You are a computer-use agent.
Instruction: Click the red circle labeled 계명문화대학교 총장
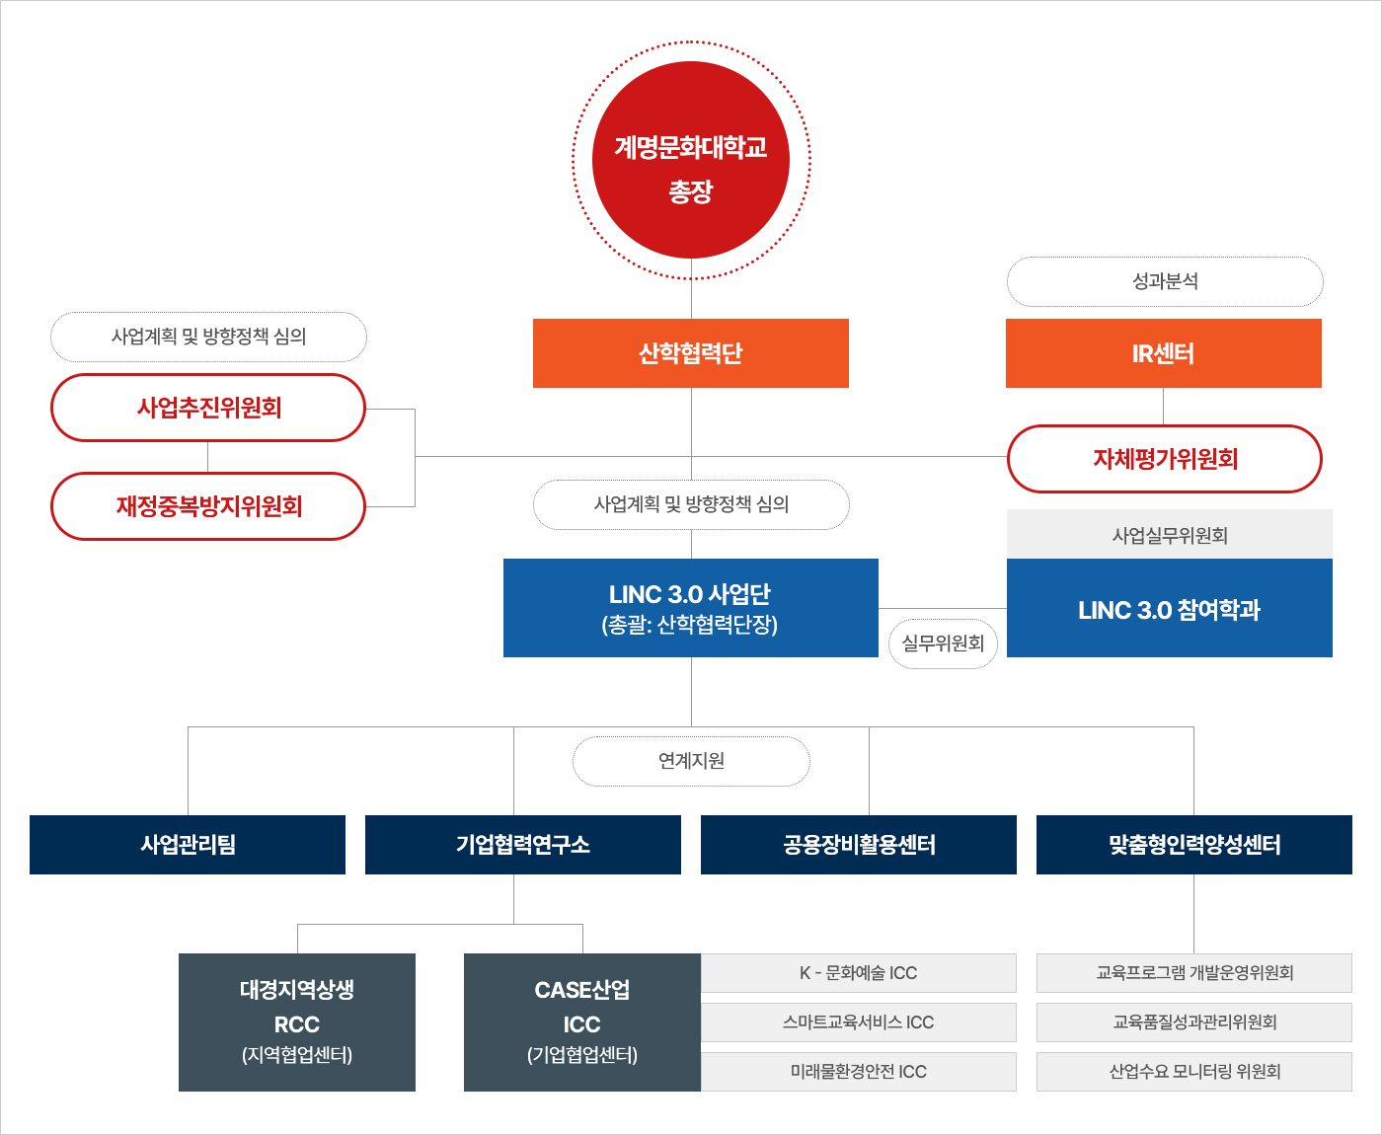pyautogui.click(x=691, y=160)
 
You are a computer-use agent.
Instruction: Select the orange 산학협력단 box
pyautogui.click(x=691, y=353)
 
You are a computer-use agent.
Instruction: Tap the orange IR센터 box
pyautogui.click(x=1163, y=353)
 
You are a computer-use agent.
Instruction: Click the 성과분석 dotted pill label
pyautogui.click(x=1165, y=282)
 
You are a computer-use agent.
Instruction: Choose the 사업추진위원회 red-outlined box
pyautogui.click(x=208, y=408)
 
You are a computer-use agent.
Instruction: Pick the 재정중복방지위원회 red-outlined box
pyautogui.click(x=208, y=506)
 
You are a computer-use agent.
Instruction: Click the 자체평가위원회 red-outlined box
pyautogui.click(x=1165, y=459)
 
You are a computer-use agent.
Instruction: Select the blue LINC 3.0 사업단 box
pyautogui.click(x=691, y=608)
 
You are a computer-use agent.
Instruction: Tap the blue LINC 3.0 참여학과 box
pyautogui.click(x=1169, y=609)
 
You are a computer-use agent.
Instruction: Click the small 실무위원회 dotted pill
pyautogui.click(x=943, y=643)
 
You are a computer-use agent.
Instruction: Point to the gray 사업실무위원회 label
pyautogui.click(x=1169, y=535)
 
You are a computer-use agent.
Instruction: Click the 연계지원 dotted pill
pyautogui.click(x=691, y=761)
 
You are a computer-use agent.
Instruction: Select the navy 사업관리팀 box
pyautogui.click(x=188, y=845)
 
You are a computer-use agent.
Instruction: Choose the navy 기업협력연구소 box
pyautogui.click(x=523, y=845)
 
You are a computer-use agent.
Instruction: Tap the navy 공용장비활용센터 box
pyautogui.click(x=859, y=845)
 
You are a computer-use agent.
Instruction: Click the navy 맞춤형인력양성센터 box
pyautogui.click(x=1194, y=845)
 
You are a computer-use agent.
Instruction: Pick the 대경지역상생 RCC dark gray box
pyautogui.click(x=297, y=1021)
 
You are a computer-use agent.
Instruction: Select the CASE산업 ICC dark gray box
pyautogui.click(x=582, y=1021)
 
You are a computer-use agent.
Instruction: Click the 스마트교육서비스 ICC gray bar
pyautogui.click(x=859, y=1022)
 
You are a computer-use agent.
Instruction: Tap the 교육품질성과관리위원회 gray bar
pyautogui.click(x=1194, y=1022)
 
